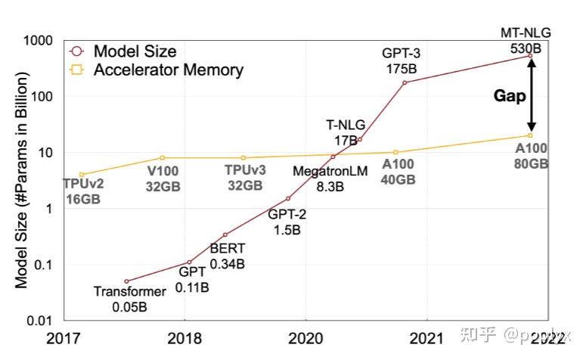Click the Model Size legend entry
135,51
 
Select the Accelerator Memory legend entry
168,70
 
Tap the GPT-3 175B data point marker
405,82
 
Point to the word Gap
510,96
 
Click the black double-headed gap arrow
531,96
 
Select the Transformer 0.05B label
129,299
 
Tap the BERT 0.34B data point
225,234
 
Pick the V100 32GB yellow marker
162,157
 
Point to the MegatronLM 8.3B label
330,178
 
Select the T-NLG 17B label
345,133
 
